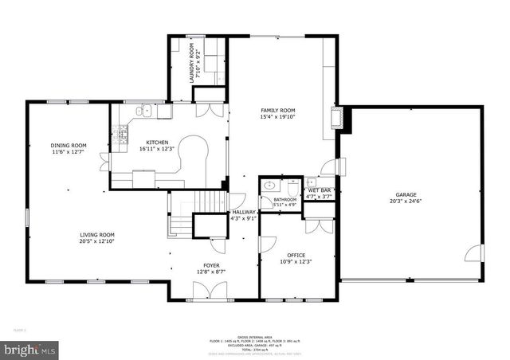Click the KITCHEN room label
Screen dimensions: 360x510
click(156, 142)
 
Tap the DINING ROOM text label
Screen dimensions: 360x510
click(68, 145)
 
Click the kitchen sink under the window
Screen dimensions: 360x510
click(147, 112)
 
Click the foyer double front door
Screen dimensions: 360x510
click(211, 292)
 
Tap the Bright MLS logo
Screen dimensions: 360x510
click(30, 349)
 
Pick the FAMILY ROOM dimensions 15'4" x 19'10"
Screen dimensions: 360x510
click(277, 115)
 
